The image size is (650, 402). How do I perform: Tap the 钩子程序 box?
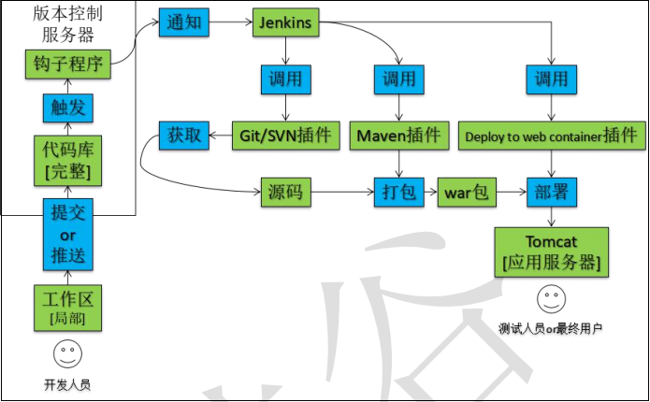click(68, 65)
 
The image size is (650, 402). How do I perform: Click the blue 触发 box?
click(68, 108)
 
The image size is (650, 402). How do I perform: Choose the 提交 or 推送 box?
click(68, 234)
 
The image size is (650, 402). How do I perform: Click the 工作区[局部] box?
click(68, 309)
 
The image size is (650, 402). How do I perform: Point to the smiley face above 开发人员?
click(66, 355)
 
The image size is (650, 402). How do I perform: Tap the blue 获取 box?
click(184, 136)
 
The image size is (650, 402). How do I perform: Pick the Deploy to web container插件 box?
click(553, 136)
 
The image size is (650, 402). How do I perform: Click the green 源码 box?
click(284, 194)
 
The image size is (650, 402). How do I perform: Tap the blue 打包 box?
click(400, 194)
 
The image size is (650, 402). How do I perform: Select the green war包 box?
click(467, 194)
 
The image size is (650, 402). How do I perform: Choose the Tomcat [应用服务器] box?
click(552, 252)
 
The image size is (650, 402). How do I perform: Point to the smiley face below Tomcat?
click(550, 300)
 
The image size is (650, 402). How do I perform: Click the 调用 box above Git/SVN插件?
click(286, 79)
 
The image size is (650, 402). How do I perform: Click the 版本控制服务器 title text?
click(68, 24)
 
